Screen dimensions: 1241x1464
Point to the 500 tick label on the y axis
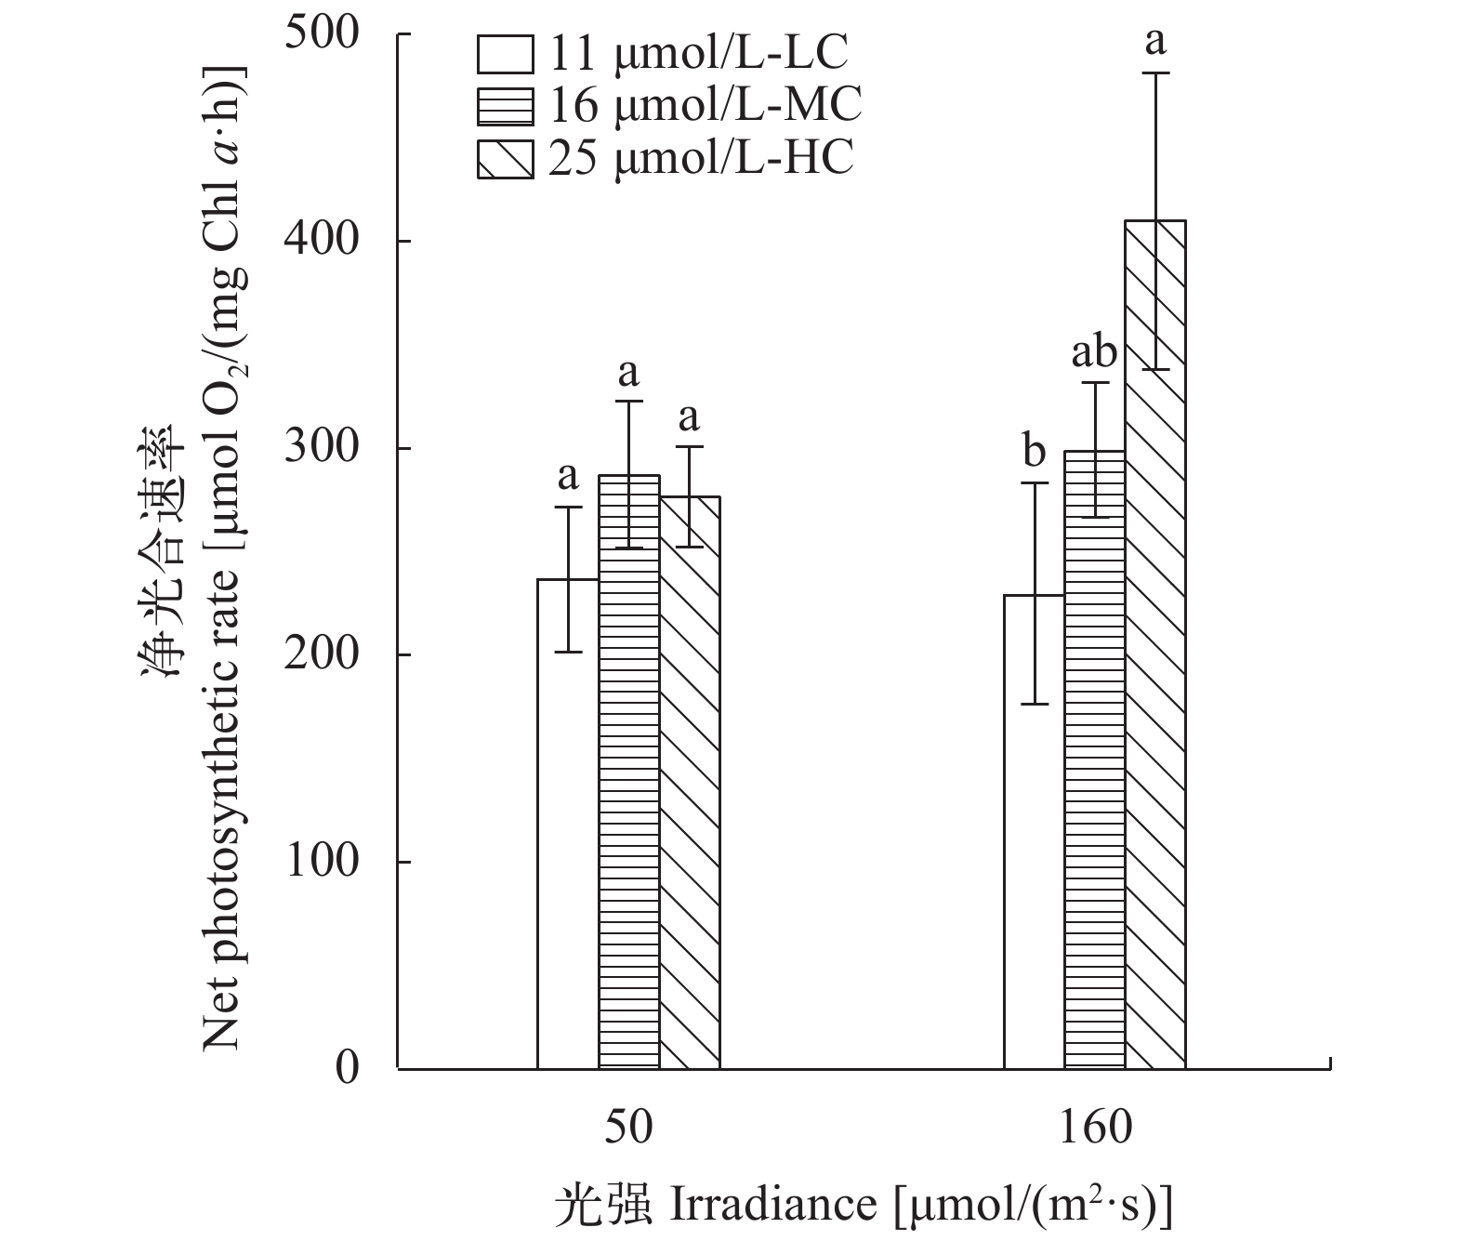tap(322, 35)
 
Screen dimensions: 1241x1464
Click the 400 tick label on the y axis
tap(322, 242)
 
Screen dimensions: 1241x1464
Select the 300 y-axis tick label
tap(322, 449)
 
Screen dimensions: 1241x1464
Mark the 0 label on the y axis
tap(346, 1069)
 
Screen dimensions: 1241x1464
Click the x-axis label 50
tap(629, 1128)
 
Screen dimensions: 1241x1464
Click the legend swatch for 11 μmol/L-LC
tap(506, 54)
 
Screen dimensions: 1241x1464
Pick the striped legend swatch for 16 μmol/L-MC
tap(506, 106)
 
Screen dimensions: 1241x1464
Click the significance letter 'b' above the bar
tap(1034, 453)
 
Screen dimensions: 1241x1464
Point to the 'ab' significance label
tap(1094, 353)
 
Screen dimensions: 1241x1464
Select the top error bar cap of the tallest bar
tap(1155, 73)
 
